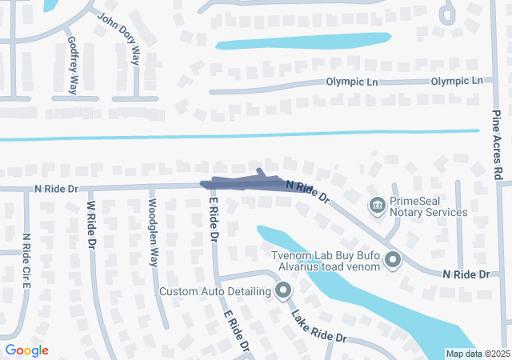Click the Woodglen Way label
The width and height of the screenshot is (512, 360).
[x=152, y=232]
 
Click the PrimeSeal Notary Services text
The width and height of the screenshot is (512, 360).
[x=428, y=206]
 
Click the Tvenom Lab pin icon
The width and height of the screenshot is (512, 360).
[x=393, y=259]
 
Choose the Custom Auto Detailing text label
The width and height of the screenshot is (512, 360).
[x=215, y=291]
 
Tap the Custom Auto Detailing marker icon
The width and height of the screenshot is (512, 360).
[x=282, y=291]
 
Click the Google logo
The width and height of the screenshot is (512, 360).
[x=26, y=350]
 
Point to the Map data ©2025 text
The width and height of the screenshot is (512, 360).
[x=477, y=354]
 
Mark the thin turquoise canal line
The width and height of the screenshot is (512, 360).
[x=240, y=135]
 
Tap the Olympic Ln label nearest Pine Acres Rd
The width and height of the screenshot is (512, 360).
[x=457, y=81]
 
